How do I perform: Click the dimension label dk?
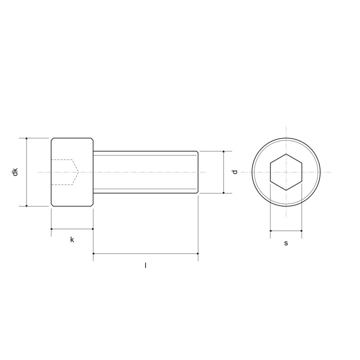[x=15, y=172]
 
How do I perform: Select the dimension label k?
[x=72, y=239]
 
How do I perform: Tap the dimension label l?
[x=145, y=265]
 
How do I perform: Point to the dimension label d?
[x=234, y=172]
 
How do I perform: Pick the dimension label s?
[x=286, y=243]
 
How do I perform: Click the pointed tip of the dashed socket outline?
[x=78, y=172]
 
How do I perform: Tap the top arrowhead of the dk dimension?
[x=26, y=139]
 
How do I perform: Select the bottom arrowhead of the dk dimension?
[x=26, y=205]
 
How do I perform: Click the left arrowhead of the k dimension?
[x=52, y=229]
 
